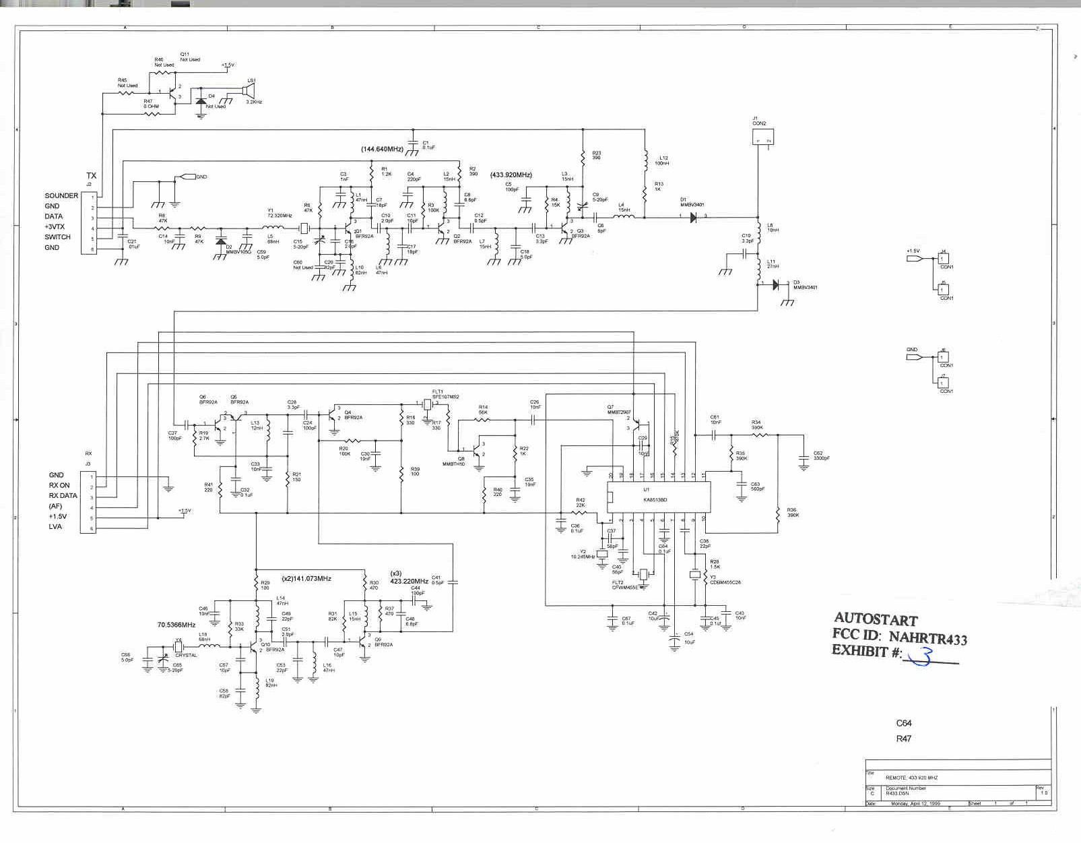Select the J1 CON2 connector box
[762, 137]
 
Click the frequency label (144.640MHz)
[382, 149]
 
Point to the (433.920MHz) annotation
[511, 175]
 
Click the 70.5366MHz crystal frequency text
[176, 625]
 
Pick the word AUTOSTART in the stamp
[876, 619]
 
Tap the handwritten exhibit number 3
[921, 656]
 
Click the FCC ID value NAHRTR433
[928, 637]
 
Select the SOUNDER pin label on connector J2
[61, 195]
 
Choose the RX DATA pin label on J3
[63, 495]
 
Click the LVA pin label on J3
[55, 526]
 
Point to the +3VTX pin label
[55, 227]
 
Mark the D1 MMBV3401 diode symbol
[693, 216]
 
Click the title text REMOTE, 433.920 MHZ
[911, 778]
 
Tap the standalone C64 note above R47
[903, 723]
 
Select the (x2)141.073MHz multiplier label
[306, 579]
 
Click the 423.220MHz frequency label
[409, 581]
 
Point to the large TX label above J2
[91, 176]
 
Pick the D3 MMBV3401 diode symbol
[775, 285]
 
